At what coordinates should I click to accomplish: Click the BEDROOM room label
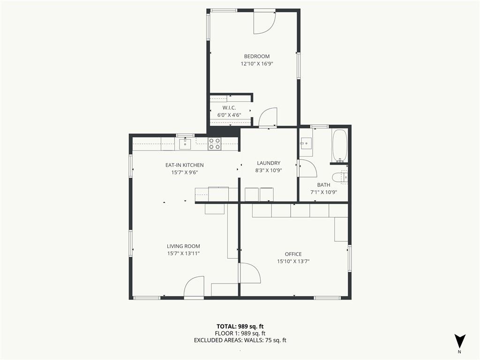[256, 56]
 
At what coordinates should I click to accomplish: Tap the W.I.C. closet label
[229, 108]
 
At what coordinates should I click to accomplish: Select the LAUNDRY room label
[269, 163]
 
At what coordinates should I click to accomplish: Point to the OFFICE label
[293, 254]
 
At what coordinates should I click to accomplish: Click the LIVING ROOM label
[183, 246]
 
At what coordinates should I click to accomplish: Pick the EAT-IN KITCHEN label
[184, 165]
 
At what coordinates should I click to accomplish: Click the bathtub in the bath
[339, 145]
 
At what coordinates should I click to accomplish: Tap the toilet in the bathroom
[340, 178]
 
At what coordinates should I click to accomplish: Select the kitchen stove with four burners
[215, 143]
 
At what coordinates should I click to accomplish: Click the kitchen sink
[185, 144]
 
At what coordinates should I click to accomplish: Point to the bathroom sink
[306, 143]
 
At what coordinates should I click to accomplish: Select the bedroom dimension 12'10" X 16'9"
[256, 64]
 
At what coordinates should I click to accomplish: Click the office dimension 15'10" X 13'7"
[293, 262]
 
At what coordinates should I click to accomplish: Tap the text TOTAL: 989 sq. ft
[240, 326]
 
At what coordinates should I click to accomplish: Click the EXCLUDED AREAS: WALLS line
[240, 340]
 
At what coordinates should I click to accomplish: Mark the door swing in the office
[250, 273]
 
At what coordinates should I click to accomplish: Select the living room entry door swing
[194, 286]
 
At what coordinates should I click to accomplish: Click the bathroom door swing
[308, 168]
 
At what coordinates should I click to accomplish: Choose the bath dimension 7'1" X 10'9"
[323, 192]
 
